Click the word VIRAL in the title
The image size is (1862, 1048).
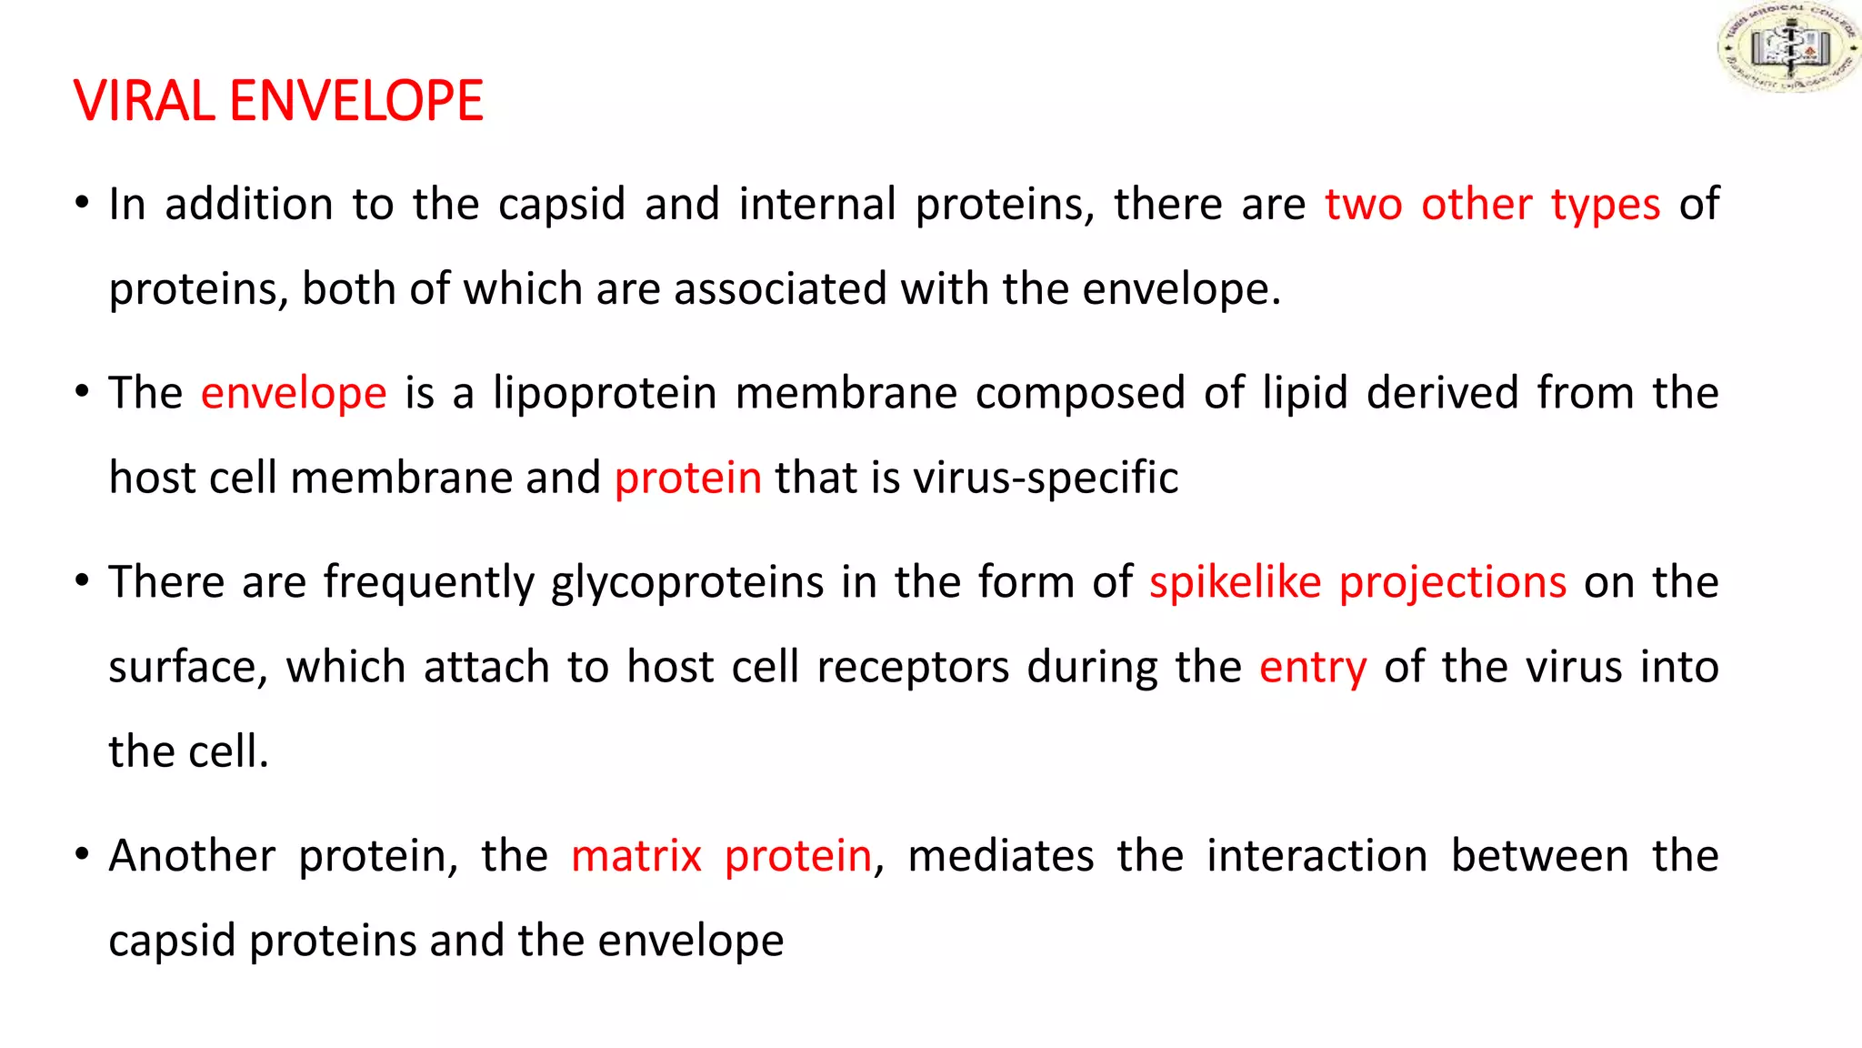(x=145, y=101)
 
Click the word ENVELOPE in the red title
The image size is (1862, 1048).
(x=355, y=101)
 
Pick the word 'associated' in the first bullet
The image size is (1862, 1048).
(x=779, y=289)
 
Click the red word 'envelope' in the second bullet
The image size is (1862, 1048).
(x=294, y=394)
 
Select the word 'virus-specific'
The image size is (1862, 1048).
(x=1045, y=478)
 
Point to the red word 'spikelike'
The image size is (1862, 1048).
(x=1236, y=582)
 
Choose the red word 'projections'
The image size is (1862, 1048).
(x=1453, y=583)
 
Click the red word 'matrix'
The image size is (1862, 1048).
(x=636, y=856)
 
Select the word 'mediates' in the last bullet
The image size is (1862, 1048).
(x=1001, y=856)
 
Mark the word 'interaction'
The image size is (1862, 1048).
(x=1317, y=856)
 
